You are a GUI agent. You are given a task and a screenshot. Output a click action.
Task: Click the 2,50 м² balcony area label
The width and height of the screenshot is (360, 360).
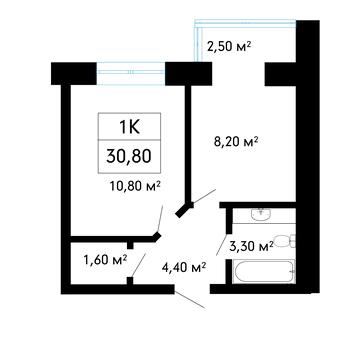click(x=229, y=46)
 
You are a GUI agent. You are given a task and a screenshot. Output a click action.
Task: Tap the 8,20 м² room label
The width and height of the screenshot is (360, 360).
click(x=236, y=142)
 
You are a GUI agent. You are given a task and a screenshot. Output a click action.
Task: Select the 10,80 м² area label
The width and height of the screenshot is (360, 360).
click(x=136, y=187)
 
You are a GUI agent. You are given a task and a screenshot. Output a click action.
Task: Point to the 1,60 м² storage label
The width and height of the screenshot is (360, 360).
click(x=106, y=260)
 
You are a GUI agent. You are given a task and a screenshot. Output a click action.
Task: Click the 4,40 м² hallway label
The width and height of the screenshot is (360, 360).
click(x=183, y=267)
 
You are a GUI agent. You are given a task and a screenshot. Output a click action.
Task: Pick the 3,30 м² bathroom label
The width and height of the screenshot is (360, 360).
click(x=252, y=247)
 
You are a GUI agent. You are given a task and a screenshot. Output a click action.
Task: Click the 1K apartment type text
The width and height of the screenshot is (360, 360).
click(x=129, y=128)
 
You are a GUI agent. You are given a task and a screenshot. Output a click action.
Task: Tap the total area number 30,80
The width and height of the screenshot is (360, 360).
click(x=129, y=156)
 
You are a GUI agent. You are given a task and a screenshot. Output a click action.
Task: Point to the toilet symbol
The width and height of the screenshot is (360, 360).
click(x=286, y=241)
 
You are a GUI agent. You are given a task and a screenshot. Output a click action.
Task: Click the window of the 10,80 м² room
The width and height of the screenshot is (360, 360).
click(x=131, y=72)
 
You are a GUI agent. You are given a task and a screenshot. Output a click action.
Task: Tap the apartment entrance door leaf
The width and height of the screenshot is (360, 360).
click(x=189, y=300)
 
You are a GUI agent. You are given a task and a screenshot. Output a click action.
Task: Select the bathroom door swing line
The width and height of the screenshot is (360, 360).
click(x=223, y=244)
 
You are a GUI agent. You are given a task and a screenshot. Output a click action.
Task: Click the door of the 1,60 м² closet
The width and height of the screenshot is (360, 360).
click(x=138, y=265)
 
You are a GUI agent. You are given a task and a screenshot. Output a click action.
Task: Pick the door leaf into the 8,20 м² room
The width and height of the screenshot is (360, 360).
click(x=204, y=196)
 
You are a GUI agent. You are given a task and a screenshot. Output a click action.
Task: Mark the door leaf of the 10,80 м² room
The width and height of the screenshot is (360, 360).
click(x=160, y=219)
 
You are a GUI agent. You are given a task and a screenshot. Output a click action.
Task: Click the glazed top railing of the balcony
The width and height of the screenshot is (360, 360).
click(x=245, y=22)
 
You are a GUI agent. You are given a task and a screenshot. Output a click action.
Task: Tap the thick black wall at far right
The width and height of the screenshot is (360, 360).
click(x=308, y=157)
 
